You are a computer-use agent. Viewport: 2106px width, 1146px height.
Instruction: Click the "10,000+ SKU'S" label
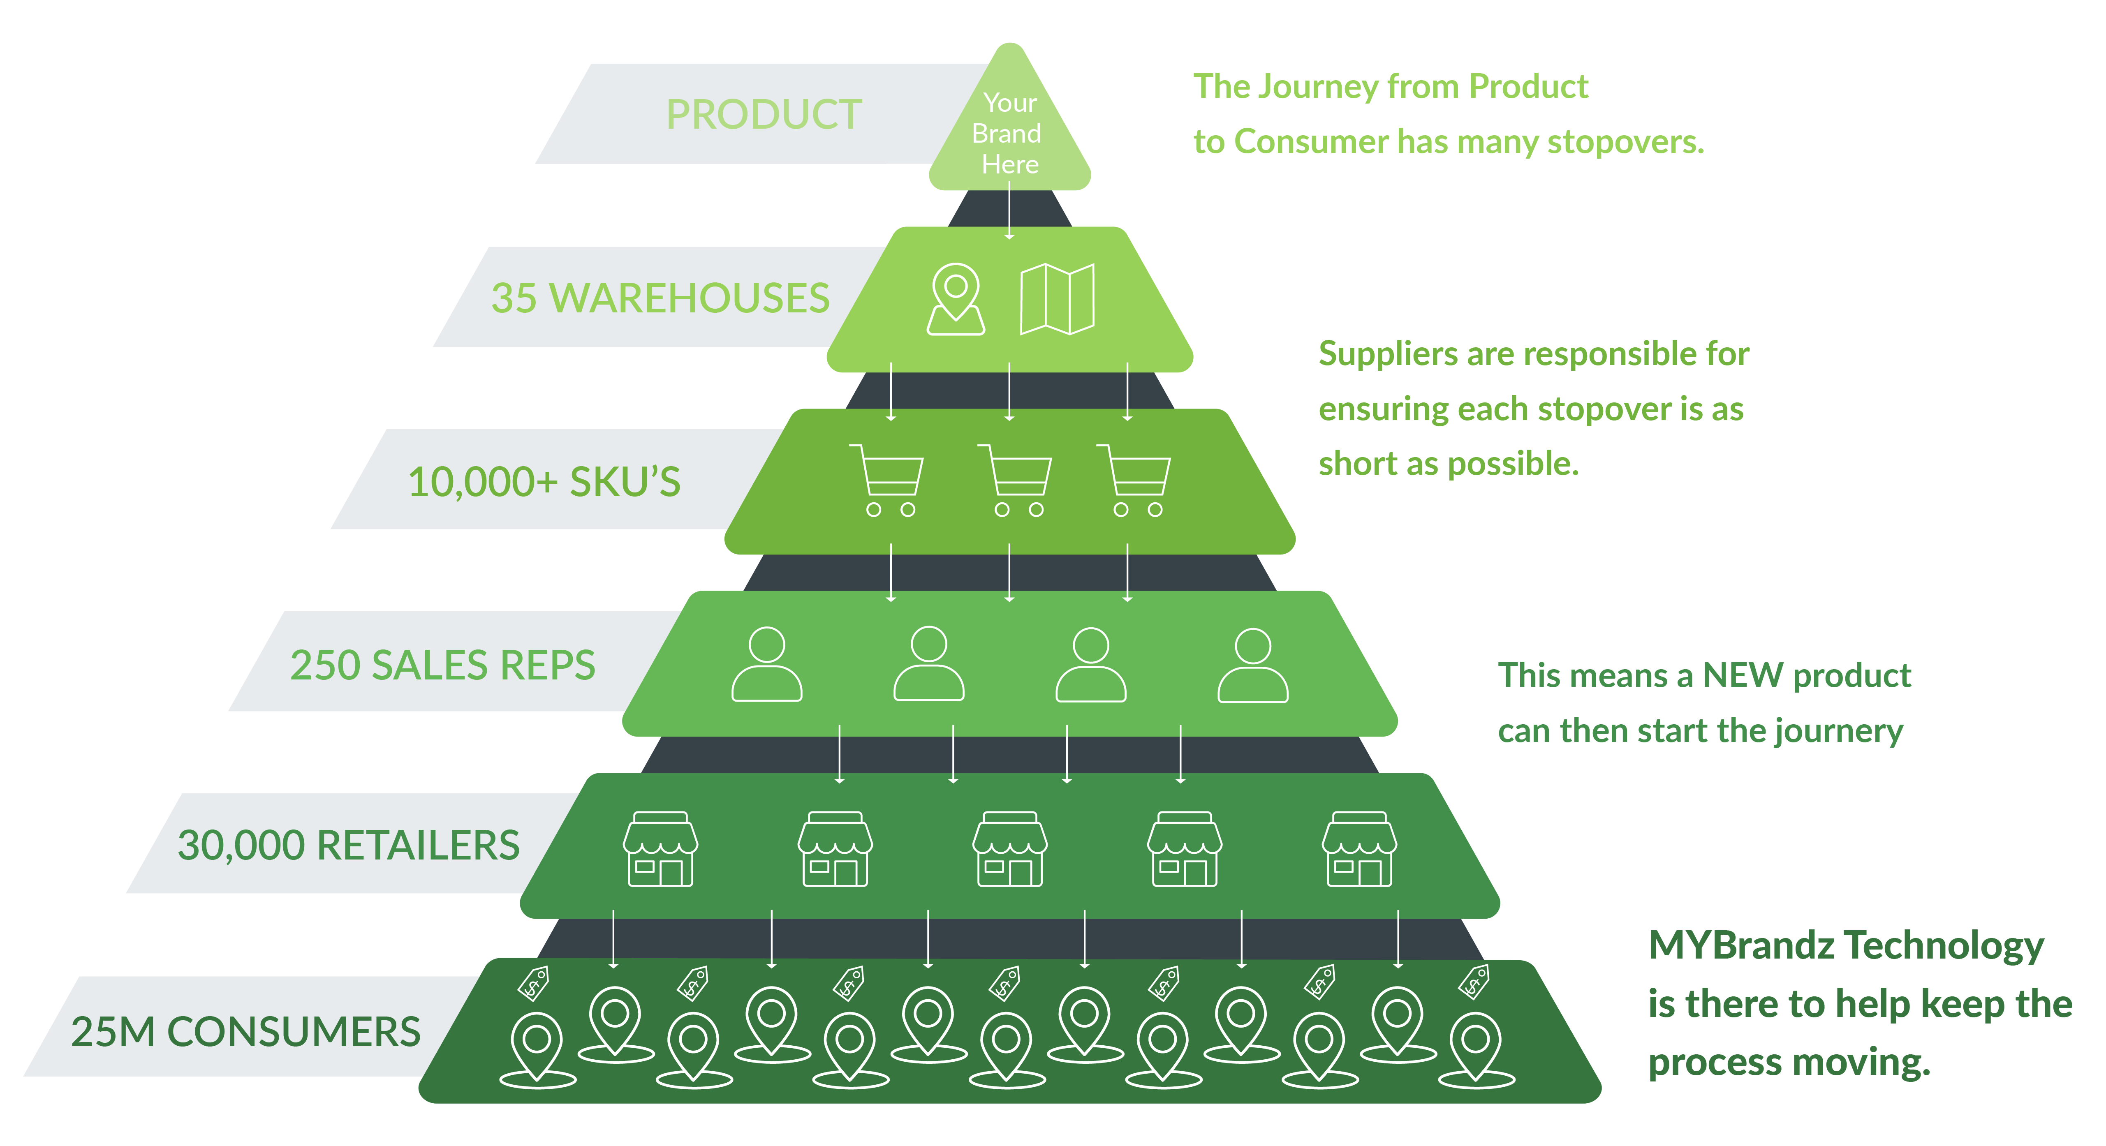point(544,481)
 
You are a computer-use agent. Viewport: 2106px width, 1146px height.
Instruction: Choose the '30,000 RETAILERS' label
point(348,845)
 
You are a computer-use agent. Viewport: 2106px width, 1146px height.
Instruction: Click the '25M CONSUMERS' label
point(245,1032)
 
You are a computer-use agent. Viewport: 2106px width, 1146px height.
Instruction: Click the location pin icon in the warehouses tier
point(956,299)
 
